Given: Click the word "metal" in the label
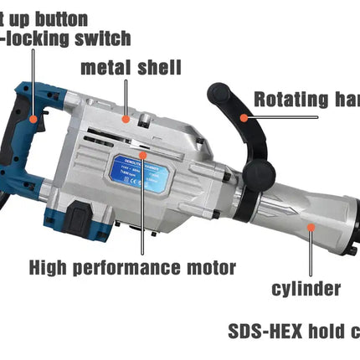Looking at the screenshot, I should point(105,68).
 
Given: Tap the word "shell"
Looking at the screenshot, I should point(156,68).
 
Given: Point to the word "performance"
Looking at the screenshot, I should point(134,269).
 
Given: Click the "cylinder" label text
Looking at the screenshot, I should point(306,289).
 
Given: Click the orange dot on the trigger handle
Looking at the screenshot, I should point(33,120).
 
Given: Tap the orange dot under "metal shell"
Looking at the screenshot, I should point(126,118).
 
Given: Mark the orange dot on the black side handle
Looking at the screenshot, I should point(244,117).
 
